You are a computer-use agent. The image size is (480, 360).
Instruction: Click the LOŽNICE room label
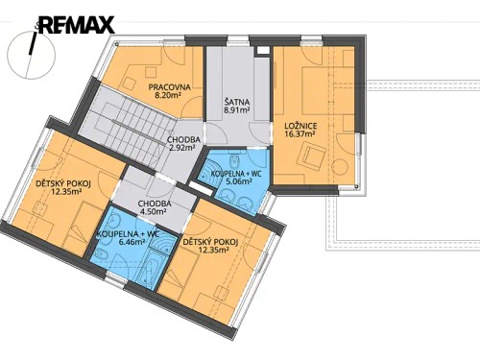(301, 126)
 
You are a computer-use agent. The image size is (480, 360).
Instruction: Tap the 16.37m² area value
(301, 135)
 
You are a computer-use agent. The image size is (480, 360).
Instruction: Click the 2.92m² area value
(182, 150)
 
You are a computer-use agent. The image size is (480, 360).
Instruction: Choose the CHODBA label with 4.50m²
(155, 204)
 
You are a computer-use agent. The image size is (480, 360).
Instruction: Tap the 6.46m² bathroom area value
(129, 243)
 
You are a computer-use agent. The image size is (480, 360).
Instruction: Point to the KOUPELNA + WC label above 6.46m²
(129, 233)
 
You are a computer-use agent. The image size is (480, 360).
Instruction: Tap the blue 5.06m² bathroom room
(230, 192)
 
